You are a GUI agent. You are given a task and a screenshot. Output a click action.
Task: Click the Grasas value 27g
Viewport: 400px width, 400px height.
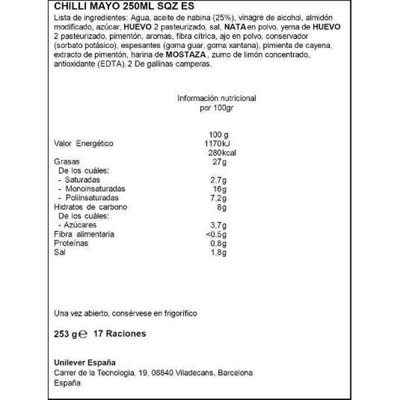click(x=220, y=162)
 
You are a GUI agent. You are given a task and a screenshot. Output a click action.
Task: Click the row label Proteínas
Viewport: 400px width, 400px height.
click(x=71, y=243)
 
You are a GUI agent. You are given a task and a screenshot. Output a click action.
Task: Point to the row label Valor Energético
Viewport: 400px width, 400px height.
click(x=83, y=144)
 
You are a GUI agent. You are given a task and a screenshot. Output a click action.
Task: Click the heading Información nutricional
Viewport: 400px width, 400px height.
click(x=217, y=99)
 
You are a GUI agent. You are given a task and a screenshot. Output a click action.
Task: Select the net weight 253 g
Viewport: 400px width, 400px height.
click(x=66, y=334)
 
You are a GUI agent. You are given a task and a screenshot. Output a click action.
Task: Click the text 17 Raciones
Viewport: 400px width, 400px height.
click(x=120, y=334)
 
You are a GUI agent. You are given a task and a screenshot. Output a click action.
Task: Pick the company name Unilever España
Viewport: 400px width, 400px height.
click(x=85, y=363)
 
